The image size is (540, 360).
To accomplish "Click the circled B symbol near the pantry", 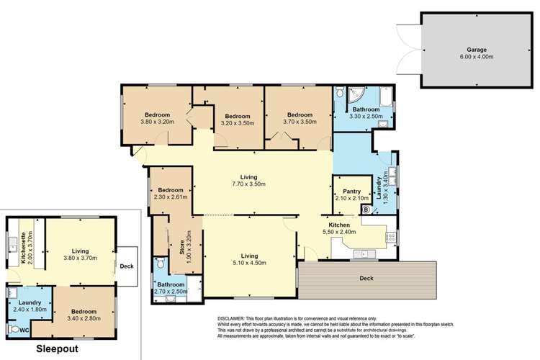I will (x=365, y=210).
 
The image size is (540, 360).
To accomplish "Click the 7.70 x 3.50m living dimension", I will (x=249, y=184).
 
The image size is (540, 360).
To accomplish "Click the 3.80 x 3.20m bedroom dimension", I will (x=156, y=122).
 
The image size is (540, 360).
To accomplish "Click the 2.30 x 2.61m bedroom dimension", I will (x=170, y=197).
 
